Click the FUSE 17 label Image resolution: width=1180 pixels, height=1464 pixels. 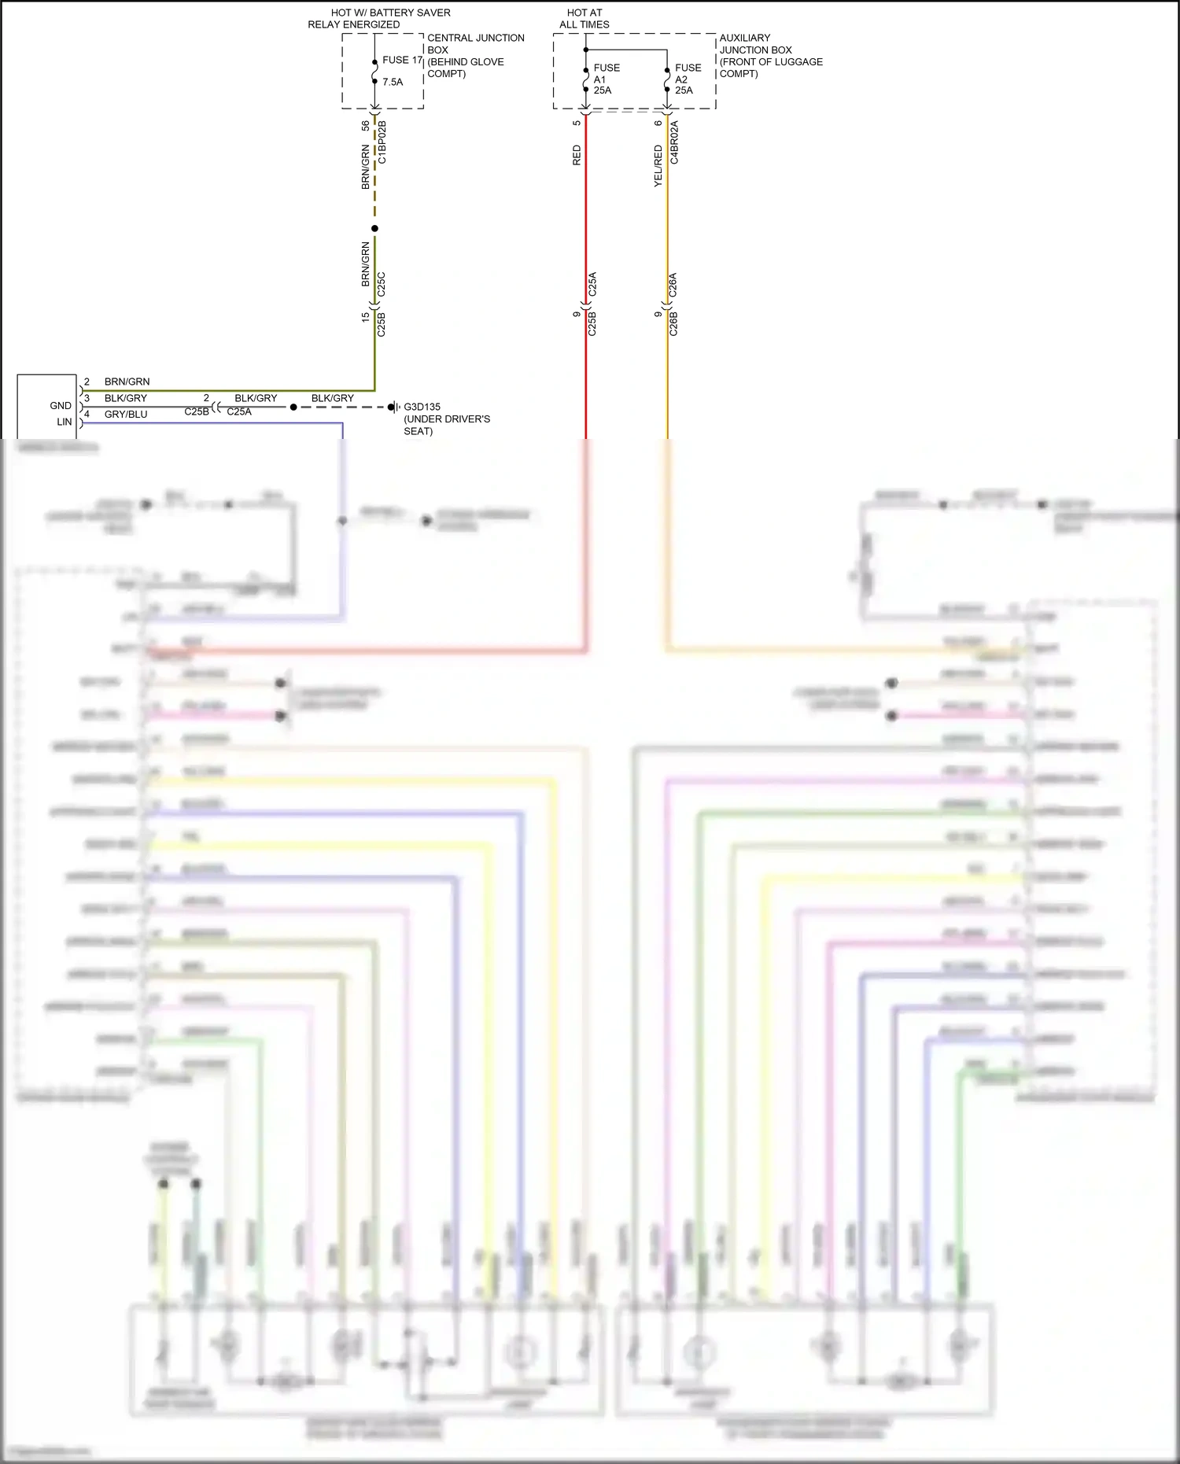(x=402, y=60)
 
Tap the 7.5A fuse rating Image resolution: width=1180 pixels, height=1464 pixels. (x=393, y=82)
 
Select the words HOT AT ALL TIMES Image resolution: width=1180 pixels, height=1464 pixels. (x=584, y=19)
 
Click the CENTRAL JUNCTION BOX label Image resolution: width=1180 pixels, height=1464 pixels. (x=475, y=55)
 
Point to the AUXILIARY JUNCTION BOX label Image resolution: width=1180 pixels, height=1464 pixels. (x=770, y=55)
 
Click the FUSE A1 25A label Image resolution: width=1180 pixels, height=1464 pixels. (x=606, y=79)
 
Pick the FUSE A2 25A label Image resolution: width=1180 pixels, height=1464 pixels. (x=688, y=79)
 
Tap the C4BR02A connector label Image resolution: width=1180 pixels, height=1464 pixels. (x=674, y=142)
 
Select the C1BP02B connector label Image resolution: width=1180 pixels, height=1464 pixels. (x=382, y=142)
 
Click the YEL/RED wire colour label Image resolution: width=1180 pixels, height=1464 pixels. (x=658, y=166)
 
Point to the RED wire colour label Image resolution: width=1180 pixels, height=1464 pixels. (x=577, y=155)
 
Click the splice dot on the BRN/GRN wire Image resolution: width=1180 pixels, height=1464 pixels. (x=374, y=229)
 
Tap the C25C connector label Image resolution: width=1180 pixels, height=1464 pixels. (x=382, y=285)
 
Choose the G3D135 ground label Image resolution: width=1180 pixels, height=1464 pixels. (x=422, y=407)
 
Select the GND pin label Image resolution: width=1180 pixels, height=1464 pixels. (x=61, y=406)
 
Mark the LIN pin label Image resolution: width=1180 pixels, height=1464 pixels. (x=64, y=422)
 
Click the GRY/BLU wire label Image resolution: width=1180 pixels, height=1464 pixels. (x=126, y=415)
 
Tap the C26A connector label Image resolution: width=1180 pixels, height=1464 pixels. (x=673, y=285)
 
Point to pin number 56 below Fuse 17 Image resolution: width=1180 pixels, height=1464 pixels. (x=366, y=126)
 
